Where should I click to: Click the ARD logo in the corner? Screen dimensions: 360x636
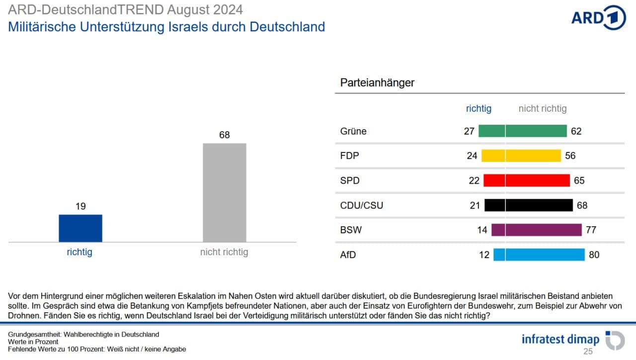(x=598, y=18)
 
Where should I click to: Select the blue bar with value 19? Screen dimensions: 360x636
(x=80, y=228)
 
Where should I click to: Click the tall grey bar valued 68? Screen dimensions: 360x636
(x=225, y=193)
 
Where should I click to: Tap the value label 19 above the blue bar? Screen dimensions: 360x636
(x=80, y=206)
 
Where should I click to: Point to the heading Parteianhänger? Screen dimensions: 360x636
(x=377, y=83)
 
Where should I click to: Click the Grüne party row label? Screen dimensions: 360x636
(x=353, y=131)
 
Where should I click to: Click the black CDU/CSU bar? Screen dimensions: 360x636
(x=529, y=205)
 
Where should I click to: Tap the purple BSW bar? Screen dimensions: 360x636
(x=537, y=230)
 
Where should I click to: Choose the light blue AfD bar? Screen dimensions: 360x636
(x=539, y=255)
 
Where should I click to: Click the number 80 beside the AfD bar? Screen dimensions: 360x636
(x=594, y=255)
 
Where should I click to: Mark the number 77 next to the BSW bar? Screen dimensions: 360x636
(x=591, y=230)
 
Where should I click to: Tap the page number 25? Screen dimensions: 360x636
(x=588, y=352)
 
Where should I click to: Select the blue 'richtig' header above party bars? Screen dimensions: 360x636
(x=478, y=108)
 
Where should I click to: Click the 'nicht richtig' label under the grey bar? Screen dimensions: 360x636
(x=224, y=252)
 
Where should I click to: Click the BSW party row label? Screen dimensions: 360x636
(x=351, y=230)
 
